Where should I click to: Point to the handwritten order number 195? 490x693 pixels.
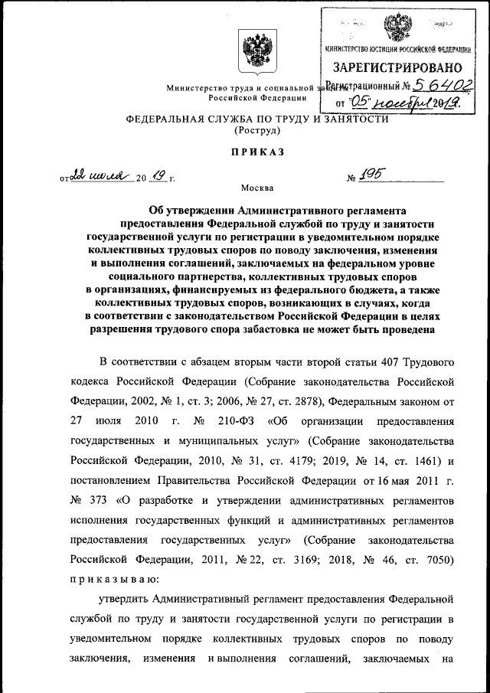tap(372, 177)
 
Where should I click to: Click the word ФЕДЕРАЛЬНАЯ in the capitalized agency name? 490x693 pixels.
tap(162, 119)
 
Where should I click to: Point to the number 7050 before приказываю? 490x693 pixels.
tap(439, 560)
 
